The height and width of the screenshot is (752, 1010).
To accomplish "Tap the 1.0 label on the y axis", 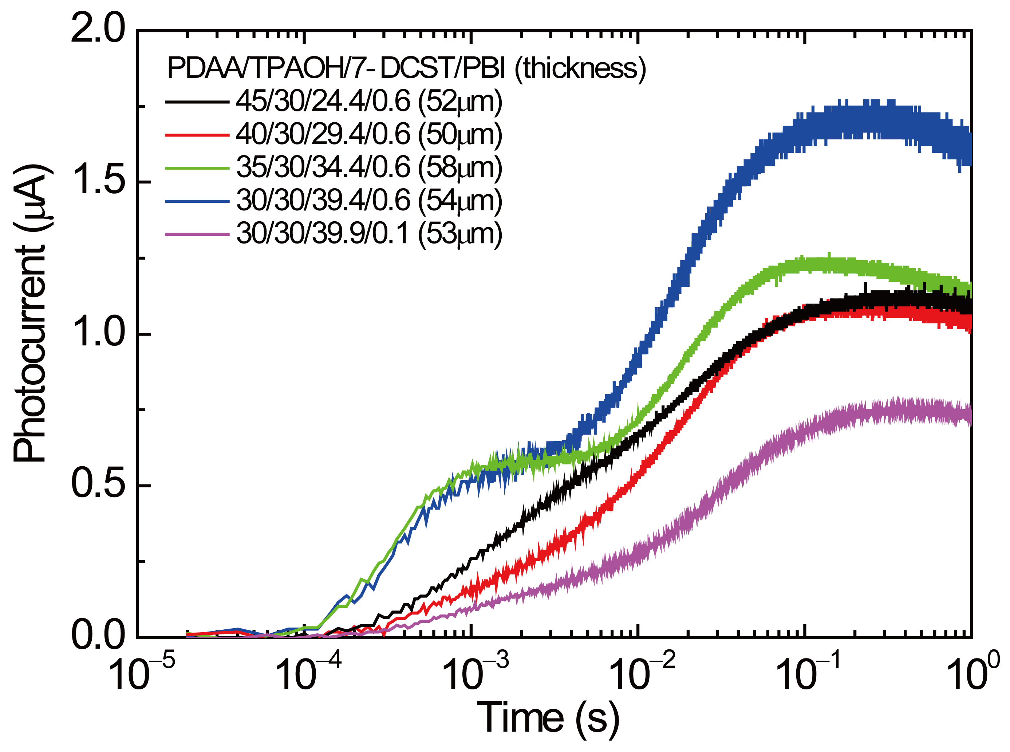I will tap(98, 334).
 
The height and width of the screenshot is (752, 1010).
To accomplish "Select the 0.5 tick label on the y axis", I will tap(98, 485).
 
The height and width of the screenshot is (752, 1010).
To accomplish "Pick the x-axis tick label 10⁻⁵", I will tap(142, 676).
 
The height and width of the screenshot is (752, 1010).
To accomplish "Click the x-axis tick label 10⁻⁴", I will tap(308, 676).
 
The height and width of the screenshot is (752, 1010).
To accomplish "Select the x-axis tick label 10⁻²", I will tap(642, 676).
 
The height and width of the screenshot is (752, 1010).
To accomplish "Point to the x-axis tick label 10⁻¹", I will tap(809, 676).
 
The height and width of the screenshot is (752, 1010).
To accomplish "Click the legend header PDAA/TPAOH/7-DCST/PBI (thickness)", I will tap(406, 68).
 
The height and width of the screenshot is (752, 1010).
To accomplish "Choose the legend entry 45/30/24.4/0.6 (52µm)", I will tap(369, 102).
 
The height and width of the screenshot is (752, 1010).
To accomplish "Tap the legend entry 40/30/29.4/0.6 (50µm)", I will tap(369, 135).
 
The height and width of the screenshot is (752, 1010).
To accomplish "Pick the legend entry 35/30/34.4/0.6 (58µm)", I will tap(369, 168).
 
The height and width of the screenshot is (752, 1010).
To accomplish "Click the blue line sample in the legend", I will tap(197, 201).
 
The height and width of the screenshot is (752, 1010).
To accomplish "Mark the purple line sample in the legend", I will tap(197, 234).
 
